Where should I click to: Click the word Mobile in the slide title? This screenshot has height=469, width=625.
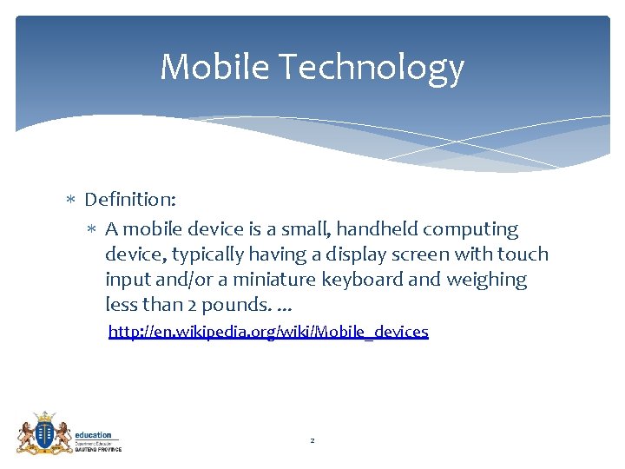point(214,67)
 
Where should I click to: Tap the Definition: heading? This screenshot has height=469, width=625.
point(130,200)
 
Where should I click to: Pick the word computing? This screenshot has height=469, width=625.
point(481,230)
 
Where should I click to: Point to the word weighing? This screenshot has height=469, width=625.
point(487,280)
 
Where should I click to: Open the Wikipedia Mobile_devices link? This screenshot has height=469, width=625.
point(267,332)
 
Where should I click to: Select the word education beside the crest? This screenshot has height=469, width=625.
point(93,435)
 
